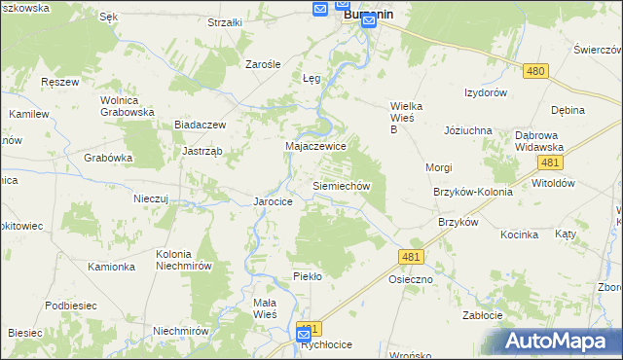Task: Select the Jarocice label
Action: point(274,201)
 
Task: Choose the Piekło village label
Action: point(307,276)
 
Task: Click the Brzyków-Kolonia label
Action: point(473,193)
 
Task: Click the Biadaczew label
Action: point(200,126)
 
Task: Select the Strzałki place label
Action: point(225,22)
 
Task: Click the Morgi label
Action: point(439,167)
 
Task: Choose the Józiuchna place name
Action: point(468,130)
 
